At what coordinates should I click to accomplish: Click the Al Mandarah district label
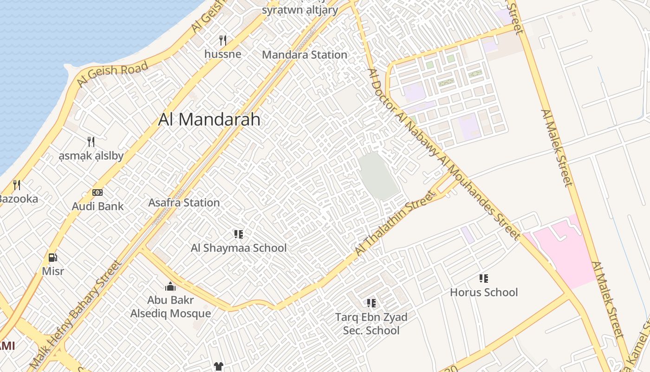click(209, 120)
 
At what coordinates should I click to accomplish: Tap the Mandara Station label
click(305, 54)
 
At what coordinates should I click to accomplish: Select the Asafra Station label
click(184, 203)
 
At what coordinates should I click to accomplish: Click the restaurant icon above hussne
click(223, 40)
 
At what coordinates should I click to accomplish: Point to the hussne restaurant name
click(223, 54)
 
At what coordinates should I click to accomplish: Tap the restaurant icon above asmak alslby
click(91, 141)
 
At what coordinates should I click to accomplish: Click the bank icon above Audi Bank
click(97, 192)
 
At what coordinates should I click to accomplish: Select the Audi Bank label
click(97, 206)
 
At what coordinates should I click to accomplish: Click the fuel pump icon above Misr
click(53, 257)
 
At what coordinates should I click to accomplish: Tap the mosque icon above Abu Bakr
click(170, 286)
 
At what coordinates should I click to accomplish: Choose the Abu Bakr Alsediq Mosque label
click(170, 307)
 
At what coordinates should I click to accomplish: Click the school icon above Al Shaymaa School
click(239, 234)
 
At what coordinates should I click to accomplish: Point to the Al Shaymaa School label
click(239, 248)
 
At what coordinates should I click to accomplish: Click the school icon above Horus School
click(484, 279)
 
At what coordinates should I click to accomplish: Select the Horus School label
click(484, 292)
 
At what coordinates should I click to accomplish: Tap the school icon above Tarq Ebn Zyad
click(371, 303)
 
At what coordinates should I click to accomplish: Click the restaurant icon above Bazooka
click(17, 185)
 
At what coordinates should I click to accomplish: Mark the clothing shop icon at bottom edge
click(219, 366)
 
